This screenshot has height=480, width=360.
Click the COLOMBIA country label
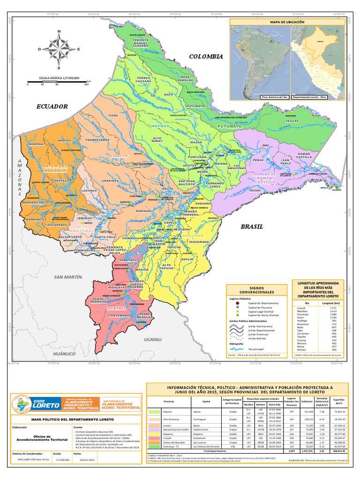(x=205, y=56)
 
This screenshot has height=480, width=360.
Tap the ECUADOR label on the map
(x=52, y=107)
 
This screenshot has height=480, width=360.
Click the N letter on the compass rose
(x=59, y=32)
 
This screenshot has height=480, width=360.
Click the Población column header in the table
(x=307, y=402)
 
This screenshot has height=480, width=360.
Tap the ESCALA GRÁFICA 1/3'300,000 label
(x=59, y=78)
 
